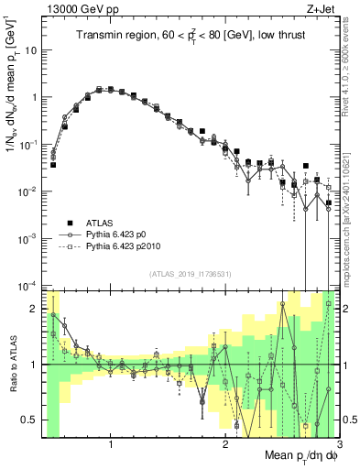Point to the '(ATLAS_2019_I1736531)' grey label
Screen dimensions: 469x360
(x=191, y=274)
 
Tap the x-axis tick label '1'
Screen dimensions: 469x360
(x=111, y=445)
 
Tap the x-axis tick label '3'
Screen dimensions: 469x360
(x=339, y=445)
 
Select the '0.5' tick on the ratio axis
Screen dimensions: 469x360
(x=28, y=420)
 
